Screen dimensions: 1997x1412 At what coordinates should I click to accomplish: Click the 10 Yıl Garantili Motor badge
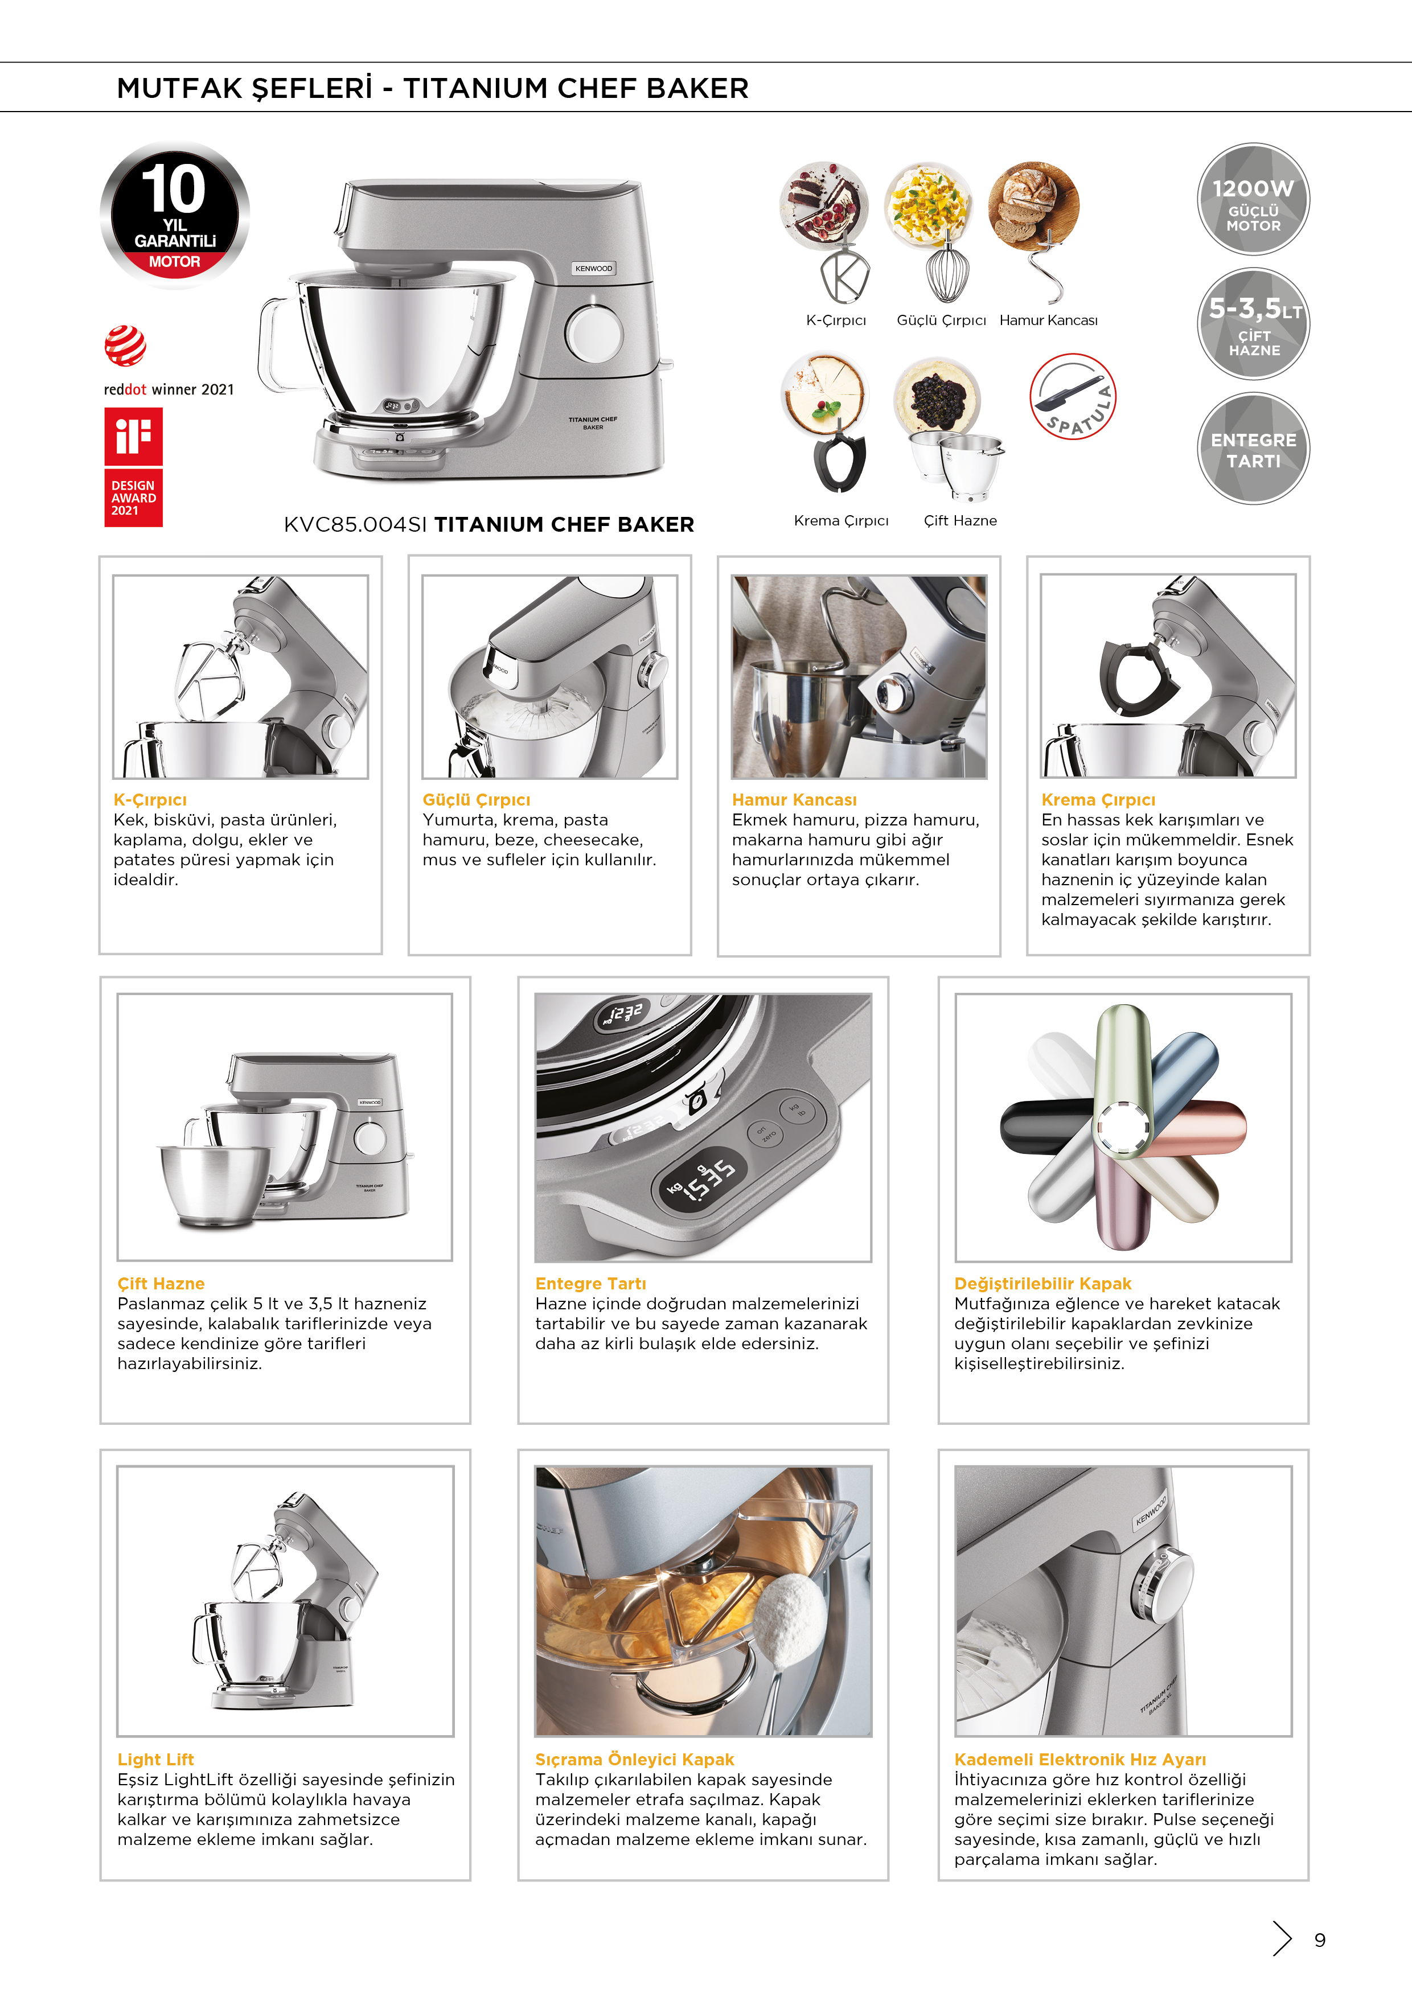175,214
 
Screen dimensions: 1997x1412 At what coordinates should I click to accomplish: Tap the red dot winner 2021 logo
125,346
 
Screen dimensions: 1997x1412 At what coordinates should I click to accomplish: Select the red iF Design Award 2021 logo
133,468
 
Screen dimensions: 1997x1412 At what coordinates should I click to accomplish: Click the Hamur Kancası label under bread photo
1048,320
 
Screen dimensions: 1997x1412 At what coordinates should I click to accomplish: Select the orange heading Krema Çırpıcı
1098,799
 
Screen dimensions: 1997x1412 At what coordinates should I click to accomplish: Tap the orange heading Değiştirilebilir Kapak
1042,1283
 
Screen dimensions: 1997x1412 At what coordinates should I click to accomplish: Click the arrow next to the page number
1282,1938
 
